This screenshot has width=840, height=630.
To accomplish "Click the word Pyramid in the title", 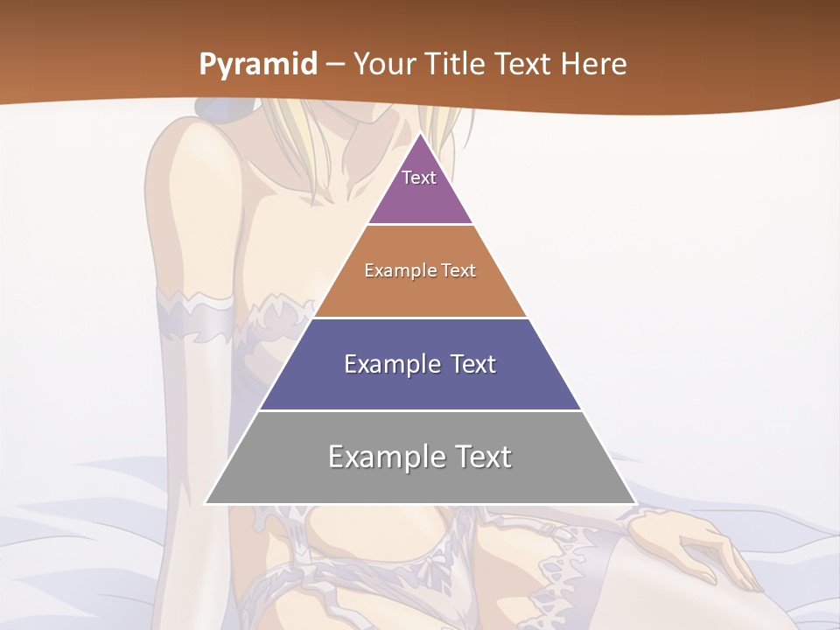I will [x=257, y=65].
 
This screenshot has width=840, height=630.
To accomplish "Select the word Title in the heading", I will [x=457, y=65].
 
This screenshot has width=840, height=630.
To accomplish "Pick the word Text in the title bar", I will [x=525, y=65].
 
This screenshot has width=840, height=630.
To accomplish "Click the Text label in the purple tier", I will [x=419, y=178].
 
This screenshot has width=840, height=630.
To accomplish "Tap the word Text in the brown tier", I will [x=458, y=271].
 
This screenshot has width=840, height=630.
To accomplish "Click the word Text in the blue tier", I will [x=473, y=364].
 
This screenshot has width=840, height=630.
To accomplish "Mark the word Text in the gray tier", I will [x=480, y=457].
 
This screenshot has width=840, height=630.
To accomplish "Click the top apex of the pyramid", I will [x=420, y=134].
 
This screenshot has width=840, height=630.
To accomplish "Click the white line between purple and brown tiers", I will [x=420, y=225].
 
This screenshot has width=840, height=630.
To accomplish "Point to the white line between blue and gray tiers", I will [x=420, y=410].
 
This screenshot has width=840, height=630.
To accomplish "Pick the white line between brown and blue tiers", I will [x=420, y=318].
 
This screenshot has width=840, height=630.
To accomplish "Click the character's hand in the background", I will [x=691, y=542].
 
